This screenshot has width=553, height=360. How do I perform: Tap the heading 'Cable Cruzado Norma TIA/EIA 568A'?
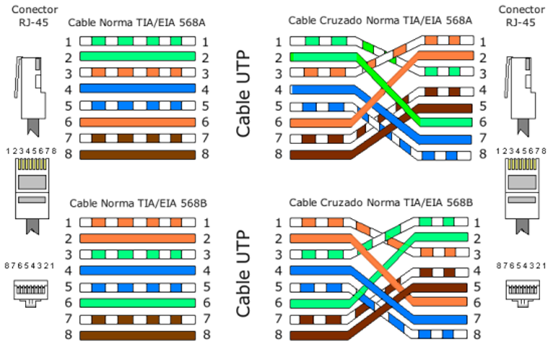point(375,23)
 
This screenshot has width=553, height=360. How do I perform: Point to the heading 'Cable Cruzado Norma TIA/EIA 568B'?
point(375,205)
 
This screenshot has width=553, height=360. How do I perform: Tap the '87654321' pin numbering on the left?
point(31,266)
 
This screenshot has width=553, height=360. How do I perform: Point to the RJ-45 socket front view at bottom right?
point(521,291)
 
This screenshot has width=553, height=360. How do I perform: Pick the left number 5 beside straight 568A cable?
point(69,106)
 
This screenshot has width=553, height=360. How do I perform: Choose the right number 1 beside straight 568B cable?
point(206,222)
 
